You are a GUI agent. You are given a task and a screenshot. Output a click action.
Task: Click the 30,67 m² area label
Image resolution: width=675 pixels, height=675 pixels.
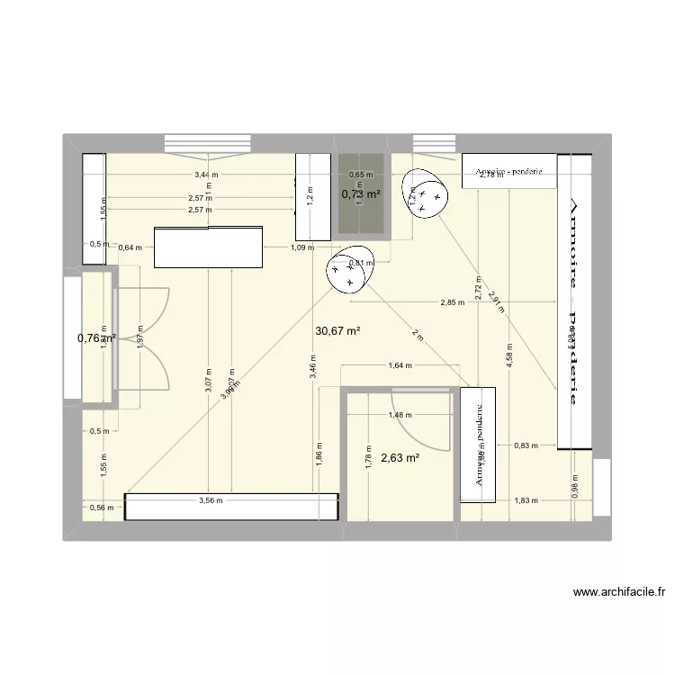coord(337,331)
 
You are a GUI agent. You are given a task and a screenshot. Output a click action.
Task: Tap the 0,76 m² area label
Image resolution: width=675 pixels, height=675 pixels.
coord(96,338)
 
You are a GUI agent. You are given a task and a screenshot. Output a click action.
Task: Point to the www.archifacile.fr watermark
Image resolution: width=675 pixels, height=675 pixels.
coord(619,593)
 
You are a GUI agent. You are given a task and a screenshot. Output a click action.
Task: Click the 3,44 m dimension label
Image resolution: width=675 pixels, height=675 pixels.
coord(207,175)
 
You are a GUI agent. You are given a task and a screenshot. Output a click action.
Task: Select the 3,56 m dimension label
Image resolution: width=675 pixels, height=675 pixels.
coord(212,500)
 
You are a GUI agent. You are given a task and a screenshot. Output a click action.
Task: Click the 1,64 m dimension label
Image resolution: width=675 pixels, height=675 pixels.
coord(400,366)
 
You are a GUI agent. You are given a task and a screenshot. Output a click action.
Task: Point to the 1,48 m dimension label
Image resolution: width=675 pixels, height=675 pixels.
coord(399,415)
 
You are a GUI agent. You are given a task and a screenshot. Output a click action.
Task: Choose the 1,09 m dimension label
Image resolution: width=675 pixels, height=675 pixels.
coord(301,247)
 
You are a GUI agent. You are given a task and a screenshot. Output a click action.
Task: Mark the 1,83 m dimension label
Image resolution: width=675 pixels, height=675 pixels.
coord(526,500)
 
